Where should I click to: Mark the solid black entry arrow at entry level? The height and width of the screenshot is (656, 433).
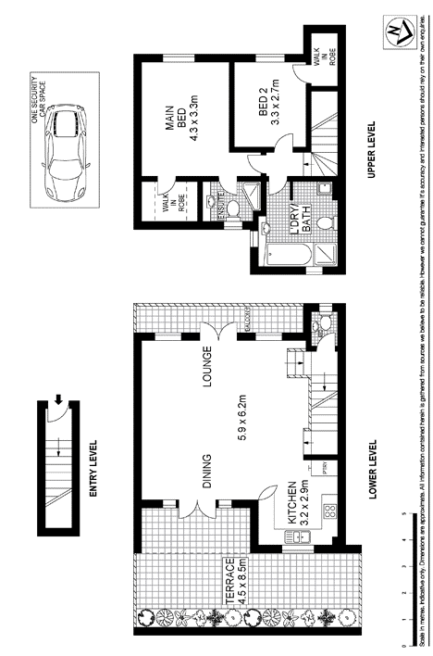tap(58, 374)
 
